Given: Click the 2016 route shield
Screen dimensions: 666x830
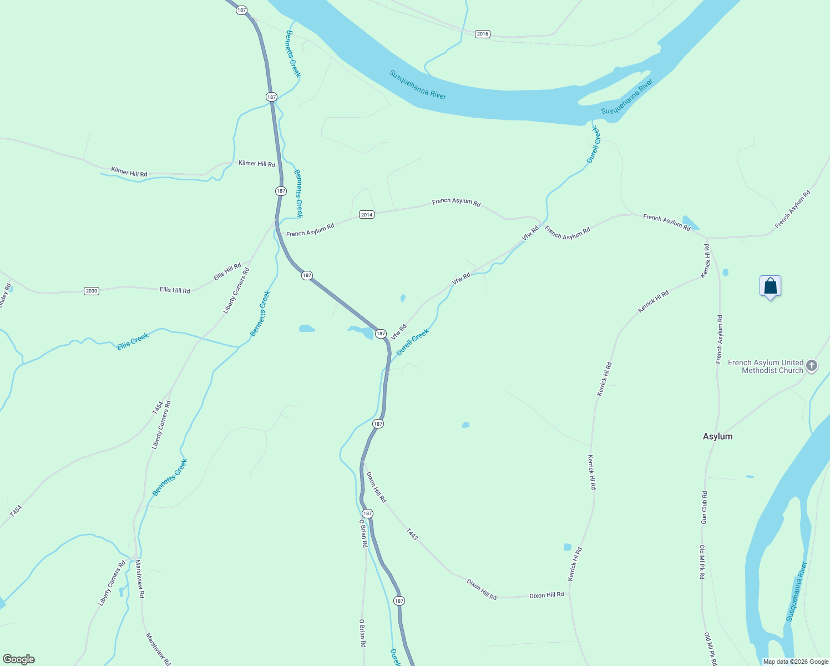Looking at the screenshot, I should coord(483,34).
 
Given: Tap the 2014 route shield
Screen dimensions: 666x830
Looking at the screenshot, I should coord(367,215).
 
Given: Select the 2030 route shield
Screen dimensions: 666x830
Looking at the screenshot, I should coord(92,291).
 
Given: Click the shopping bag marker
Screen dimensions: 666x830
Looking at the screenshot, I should coord(770,286).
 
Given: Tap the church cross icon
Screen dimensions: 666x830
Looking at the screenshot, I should coord(812,366).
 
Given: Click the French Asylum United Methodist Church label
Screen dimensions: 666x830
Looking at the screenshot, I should coord(766,366).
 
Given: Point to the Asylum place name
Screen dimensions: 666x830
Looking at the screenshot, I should coord(717,436).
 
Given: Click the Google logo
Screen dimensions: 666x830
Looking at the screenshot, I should coord(19,659).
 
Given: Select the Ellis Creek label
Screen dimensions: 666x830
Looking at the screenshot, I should coord(133,341).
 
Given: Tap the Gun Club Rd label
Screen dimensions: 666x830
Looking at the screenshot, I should coord(704,507).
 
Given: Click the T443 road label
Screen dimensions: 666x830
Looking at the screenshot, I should coord(411,534).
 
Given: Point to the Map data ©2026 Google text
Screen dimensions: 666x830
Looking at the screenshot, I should coord(796,662).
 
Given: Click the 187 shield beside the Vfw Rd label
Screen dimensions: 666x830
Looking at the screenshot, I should coord(381,334).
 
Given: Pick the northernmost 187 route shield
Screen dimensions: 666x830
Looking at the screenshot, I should coord(241,10).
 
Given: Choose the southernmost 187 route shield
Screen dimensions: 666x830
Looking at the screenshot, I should coord(399,601).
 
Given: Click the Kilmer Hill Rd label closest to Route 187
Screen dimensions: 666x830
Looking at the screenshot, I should coord(257,164).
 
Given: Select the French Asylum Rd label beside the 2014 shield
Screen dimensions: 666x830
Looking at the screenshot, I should coord(310,230).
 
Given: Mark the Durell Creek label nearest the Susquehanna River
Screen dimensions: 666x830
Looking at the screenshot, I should coord(594,144).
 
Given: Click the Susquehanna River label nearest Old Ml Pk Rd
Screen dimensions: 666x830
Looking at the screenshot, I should coord(796,592).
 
